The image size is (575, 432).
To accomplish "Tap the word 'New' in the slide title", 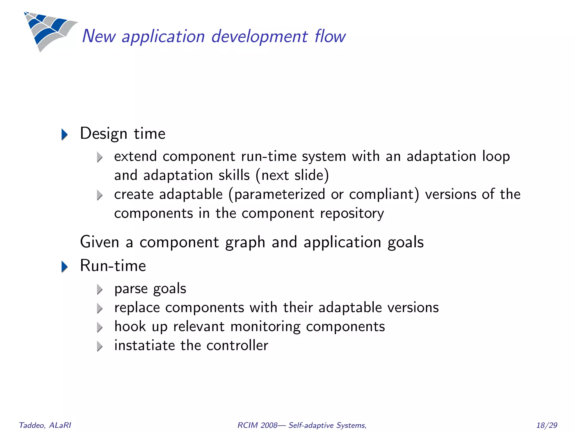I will coord(99,37).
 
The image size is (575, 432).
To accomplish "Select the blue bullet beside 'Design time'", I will coord(65,134).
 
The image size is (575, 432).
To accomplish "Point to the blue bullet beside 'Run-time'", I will coord(65,267).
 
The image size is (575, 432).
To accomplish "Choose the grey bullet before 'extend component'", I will coord(100,157).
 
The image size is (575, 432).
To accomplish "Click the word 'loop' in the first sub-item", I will coord(496,156).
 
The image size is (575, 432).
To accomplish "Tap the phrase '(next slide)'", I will coord(292,175).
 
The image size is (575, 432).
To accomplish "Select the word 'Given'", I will coord(100,242).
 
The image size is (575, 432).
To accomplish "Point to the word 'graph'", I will coord(245,242).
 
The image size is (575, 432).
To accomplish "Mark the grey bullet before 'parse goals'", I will coord(100,289).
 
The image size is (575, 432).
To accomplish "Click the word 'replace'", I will coord(137,308).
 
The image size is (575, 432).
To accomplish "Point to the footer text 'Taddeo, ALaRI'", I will coord(45,425).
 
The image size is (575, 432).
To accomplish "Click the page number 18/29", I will coord(546,425).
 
